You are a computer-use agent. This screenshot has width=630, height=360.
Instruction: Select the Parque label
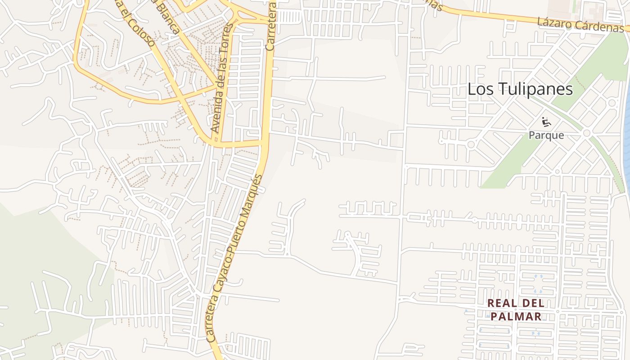[546, 135]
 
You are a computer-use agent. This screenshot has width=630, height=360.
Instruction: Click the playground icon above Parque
[546, 121]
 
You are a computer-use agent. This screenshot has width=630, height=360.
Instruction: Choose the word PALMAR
[516, 316]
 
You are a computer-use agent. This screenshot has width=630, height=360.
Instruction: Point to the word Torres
[228, 38]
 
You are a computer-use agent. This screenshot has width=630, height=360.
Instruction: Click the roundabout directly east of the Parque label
[586, 134]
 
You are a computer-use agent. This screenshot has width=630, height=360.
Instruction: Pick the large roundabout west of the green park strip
[471, 144]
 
